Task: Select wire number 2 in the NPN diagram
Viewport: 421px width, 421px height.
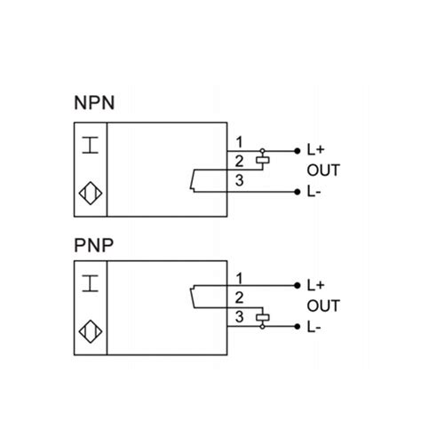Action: pos(239,161)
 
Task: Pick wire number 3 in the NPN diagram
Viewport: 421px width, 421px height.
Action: pos(239,180)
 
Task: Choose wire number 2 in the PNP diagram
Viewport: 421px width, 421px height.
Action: pos(239,298)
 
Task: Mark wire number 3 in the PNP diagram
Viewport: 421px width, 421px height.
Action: pos(239,317)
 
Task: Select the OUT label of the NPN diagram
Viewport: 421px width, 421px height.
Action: pos(322,171)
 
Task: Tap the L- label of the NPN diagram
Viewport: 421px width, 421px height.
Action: pos(314,191)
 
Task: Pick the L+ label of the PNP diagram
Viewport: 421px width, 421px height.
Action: pos(315,286)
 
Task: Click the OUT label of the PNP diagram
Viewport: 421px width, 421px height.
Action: pos(322,306)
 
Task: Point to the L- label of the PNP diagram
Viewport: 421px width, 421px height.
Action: pos(314,327)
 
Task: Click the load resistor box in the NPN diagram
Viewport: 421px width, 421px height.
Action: pos(261,161)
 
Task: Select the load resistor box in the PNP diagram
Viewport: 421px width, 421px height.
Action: pos(261,317)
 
